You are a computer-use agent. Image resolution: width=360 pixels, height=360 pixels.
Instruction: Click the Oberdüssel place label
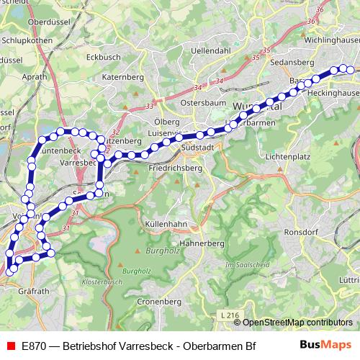[47, 22]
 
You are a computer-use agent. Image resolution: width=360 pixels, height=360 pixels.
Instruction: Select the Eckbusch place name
[102, 56]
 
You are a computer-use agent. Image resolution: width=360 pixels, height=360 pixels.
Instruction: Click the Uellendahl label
[211, 51]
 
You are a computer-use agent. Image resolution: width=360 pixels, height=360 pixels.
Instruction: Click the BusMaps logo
[326, 345]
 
